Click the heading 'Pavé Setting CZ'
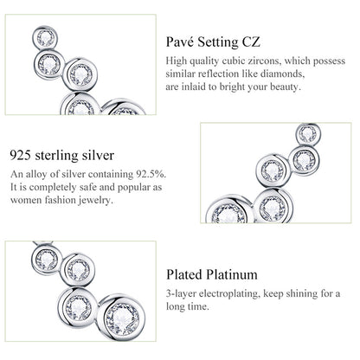pyautogui.click(x=213, y=42)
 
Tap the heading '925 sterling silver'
pyautogui.click(x=62, y=155)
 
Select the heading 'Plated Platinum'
pyautogui.click(x=212, y=274)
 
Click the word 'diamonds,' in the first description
pyautogui.click(x=283, y=74)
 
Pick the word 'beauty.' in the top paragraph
pyautogui.click(x=286, y=87)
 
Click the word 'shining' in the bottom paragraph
pyautogui.click(x=301, y=294)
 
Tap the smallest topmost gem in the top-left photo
pyautogui.click(x=45, y=37)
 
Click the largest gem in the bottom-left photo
pyautogui.click(x=121, y=316)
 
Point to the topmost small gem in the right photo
pyautogui.click(x=307, y=133)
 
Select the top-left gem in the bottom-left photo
pyautogui.click(x=47, y=259)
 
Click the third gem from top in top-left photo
pyautogui.click(x=81, y=74)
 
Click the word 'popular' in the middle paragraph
pyautogui.click(x=134, y=188)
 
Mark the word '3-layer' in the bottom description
pyautogui.click(x=181, y=294)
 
